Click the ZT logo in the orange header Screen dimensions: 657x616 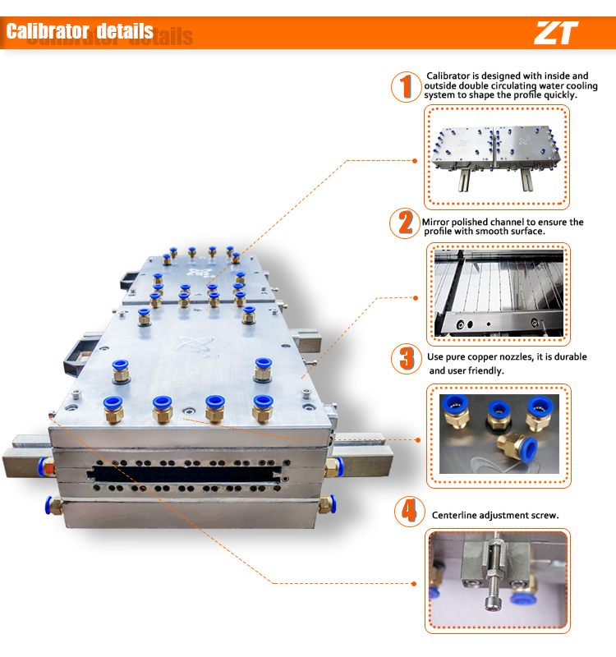(556, 33)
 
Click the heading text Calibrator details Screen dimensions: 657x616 (80, 32)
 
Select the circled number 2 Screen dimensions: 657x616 (405, 223)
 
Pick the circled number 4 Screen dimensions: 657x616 (406, 511)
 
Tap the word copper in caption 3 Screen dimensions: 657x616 (481, 357)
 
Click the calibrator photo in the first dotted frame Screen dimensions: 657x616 (496, 157)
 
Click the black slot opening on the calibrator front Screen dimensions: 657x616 (189, 474)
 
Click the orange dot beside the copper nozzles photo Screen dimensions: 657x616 (418, 439)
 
